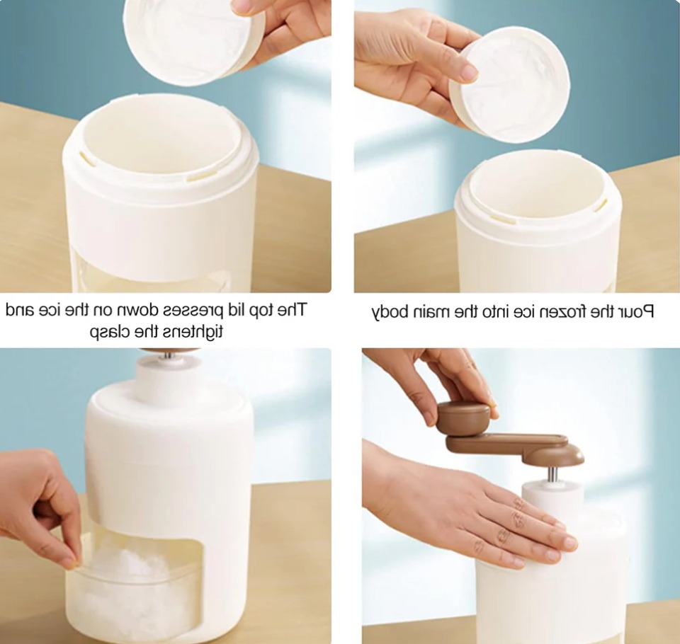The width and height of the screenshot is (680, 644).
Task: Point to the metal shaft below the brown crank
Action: (553, 474)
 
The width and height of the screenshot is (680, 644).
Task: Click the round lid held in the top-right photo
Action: (509, 84)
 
